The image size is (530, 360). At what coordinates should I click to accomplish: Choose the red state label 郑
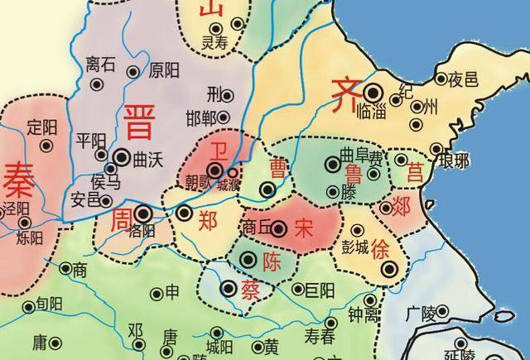(210, 220)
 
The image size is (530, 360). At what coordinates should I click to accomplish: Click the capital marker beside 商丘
(279, 229)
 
